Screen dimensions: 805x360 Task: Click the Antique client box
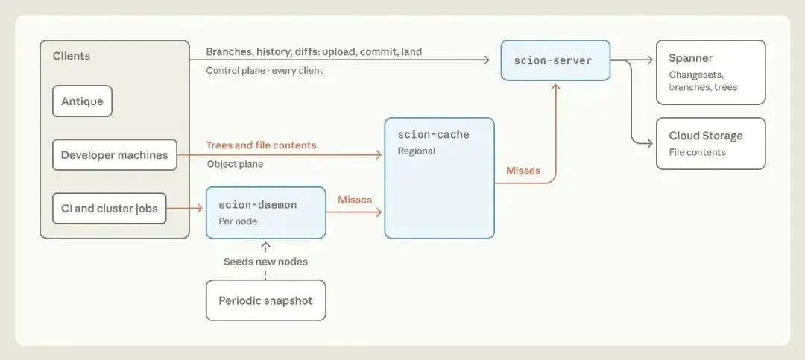82,101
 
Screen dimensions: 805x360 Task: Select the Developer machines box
115,154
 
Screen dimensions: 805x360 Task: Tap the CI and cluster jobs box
110,209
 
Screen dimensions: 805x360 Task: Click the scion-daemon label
258,205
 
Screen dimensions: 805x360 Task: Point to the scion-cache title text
433,135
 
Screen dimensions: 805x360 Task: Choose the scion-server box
555,60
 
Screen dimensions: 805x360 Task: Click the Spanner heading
690,59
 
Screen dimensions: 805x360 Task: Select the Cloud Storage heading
705,136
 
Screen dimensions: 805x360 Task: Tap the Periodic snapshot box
266,300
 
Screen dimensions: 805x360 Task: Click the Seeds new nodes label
265,262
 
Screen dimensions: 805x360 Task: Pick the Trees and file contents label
262,145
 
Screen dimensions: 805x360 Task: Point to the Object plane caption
235,165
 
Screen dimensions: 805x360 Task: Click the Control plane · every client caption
265,71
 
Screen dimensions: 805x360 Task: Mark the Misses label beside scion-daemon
355,200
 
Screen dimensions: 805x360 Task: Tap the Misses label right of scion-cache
523,171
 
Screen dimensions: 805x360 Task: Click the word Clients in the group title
72,56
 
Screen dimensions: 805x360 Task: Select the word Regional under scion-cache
417,151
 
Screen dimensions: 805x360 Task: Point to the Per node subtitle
238,222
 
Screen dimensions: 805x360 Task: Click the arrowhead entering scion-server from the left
487,60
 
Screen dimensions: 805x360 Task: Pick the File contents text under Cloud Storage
697,153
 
